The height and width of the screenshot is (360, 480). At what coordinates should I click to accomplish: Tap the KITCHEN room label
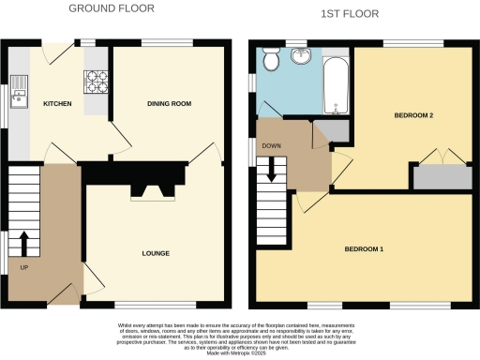60,105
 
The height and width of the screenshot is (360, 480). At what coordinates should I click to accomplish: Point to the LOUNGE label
155,253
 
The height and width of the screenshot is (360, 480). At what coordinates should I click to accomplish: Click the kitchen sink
19,95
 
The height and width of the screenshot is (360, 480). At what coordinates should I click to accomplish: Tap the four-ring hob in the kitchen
97,83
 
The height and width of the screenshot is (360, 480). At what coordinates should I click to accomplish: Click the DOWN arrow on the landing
272,169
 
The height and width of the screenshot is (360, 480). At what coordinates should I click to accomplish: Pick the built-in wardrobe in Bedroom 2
442,176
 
